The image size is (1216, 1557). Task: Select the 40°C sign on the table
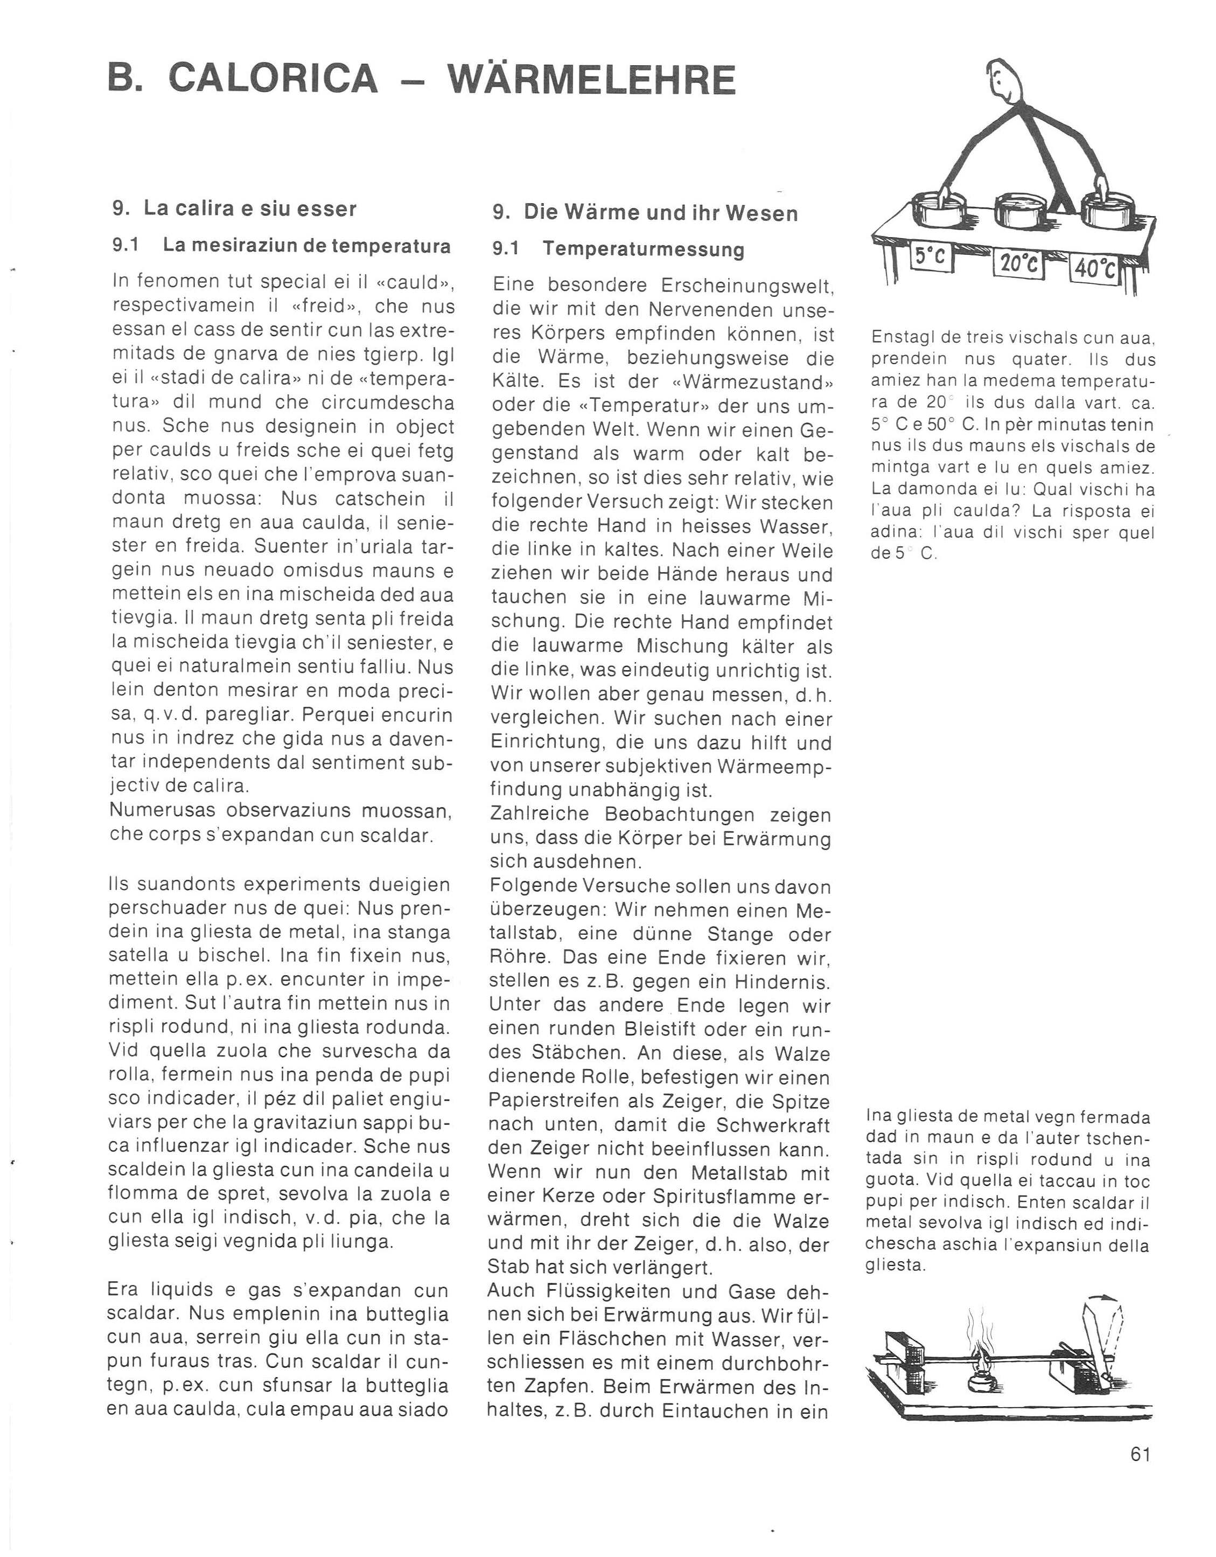point(1095,269)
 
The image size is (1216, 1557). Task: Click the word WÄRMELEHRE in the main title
point(592,80)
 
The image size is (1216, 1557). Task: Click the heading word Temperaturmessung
point(644,249)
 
